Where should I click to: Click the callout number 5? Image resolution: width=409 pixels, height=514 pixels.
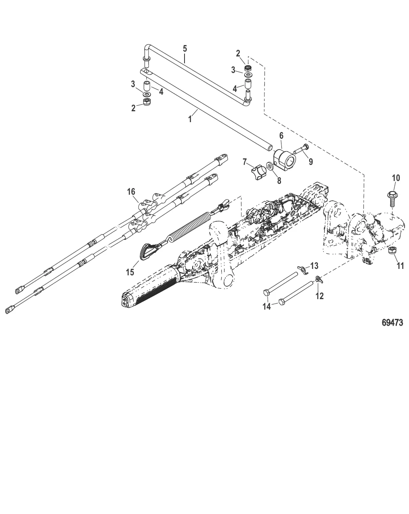[x=185, y=48]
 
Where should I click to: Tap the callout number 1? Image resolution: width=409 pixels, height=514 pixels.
[x=190, y=119]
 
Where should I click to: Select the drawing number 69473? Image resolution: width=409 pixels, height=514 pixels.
[x=392, y=323]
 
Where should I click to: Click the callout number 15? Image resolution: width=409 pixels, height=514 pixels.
[x=130, y=272]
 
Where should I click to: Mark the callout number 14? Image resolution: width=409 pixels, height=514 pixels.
[x=266, y=306]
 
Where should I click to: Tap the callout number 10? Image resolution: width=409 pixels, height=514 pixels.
[x=396, y=178]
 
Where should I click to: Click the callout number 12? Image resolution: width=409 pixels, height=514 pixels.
[x=319, y=296]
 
